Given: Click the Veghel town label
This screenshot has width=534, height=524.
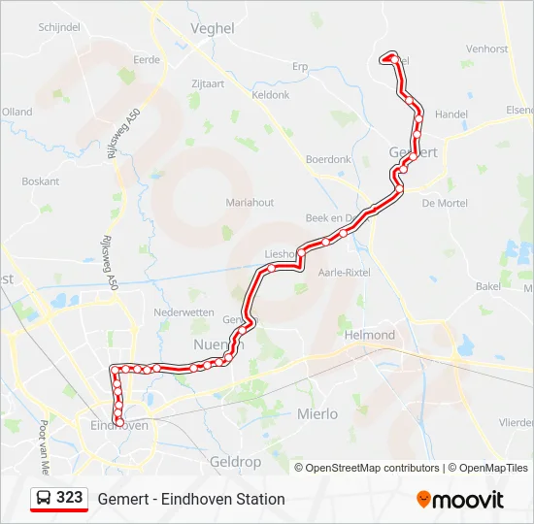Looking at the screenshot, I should [214, 29].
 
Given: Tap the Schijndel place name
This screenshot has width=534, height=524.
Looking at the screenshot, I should [58, 27].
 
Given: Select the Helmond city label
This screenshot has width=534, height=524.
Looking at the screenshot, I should [370, 335].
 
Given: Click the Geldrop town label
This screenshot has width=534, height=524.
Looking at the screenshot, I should [236, 462].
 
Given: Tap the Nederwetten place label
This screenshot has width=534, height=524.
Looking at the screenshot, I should [184, 312].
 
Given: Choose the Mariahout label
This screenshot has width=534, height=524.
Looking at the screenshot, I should [250, 203].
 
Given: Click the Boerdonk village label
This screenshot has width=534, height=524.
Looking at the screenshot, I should [327, 159].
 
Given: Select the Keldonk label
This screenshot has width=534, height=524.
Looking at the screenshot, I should [271, 95].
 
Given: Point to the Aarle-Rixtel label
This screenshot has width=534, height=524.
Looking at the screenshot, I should [345, 273].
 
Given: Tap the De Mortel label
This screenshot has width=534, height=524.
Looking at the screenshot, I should [445, 203].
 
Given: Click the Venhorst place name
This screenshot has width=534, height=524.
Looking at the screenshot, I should [486, 49].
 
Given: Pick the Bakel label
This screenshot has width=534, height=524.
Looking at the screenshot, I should [487, 286].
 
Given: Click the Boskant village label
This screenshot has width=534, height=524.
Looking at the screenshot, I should [40, 181].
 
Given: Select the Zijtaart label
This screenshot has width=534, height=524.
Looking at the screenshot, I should [208, 83].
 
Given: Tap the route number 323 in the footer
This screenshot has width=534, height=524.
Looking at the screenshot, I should [69, 498].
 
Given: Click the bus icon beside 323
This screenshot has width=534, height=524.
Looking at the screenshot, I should [45, 499].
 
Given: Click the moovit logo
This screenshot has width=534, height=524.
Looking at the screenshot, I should [460, 500].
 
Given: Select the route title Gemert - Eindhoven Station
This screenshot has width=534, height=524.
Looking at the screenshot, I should [191, 499].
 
